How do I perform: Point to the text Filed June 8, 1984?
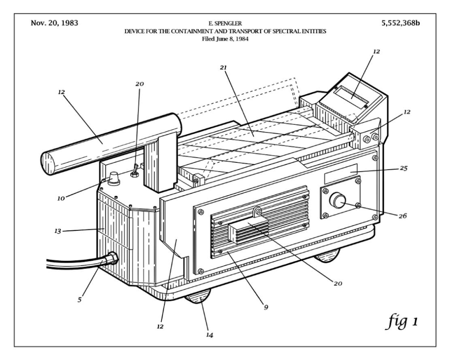click(x=225, y=39)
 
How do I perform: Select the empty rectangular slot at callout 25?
click(x=340, y=172)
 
